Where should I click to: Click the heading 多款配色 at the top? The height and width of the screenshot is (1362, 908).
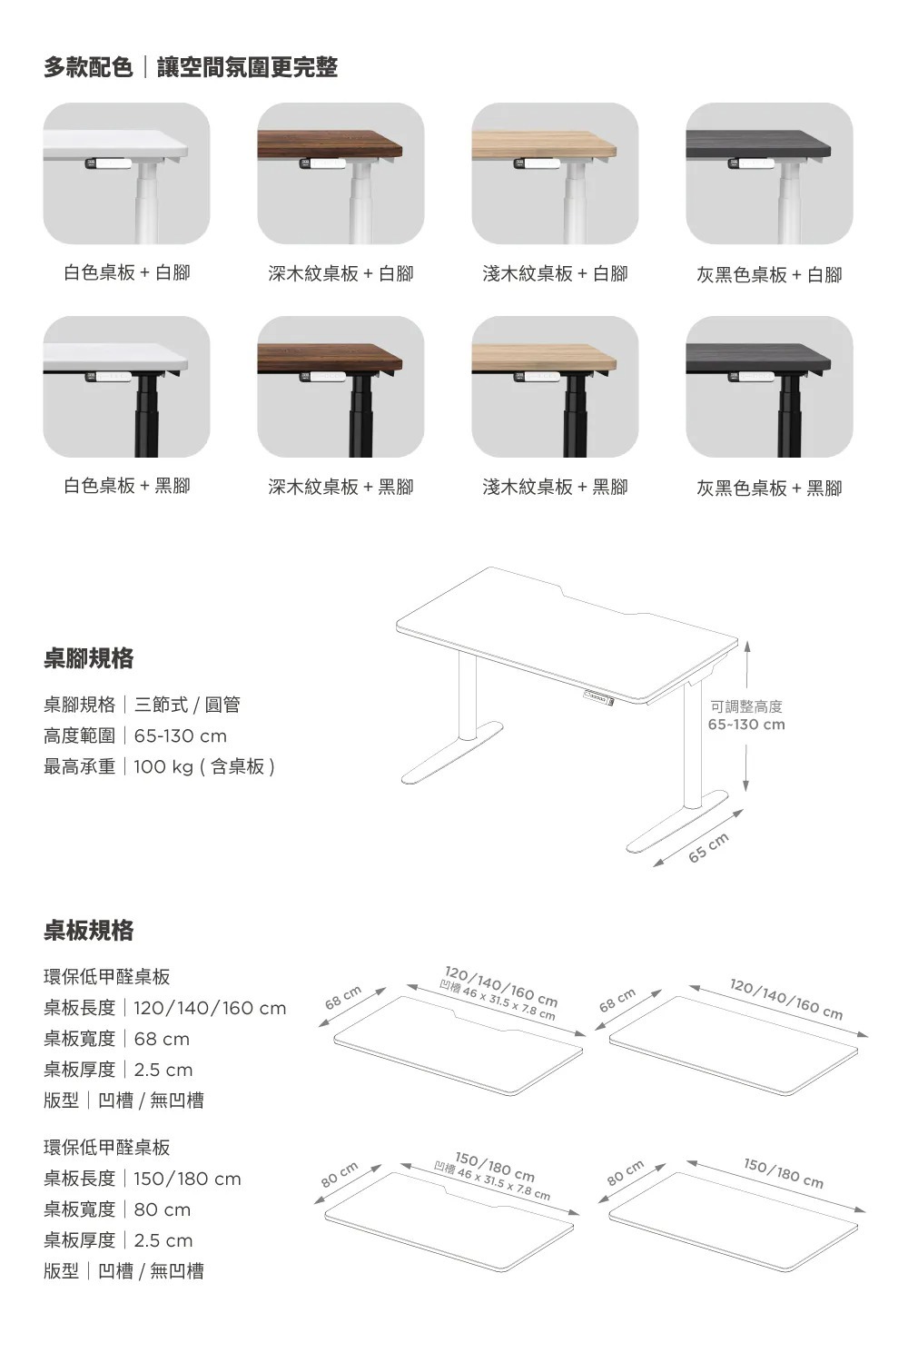tap(89, 67)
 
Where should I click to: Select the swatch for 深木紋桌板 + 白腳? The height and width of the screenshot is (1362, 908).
tap(340, 173)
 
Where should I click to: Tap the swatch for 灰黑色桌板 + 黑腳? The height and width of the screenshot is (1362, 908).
tap(769, 387)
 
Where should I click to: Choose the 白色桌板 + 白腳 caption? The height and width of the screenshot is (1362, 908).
tap(126, 272)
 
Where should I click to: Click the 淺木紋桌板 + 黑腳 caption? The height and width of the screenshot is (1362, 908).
tap(555, 487)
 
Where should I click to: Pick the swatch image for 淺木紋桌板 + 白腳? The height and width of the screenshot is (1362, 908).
tap(555, 173)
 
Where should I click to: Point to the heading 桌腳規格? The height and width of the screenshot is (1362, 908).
tap(89, 657)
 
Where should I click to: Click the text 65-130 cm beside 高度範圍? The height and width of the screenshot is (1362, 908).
tap(181, 735)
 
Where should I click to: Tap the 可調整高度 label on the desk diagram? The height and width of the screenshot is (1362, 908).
tap(746, 706)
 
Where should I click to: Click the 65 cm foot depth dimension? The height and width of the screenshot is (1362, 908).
tap(709, 846)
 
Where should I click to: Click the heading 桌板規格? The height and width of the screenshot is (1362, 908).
tap(89, 930)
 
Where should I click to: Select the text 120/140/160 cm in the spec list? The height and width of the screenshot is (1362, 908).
tap(210, 1008)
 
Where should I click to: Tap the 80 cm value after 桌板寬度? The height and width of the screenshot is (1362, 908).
tap(163, 1209)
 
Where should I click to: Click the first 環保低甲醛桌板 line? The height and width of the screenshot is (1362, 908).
tap(107, 977)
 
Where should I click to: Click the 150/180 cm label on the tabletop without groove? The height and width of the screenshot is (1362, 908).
tap(784, 1172)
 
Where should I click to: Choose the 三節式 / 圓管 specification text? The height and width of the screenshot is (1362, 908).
tap(187, 705)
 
